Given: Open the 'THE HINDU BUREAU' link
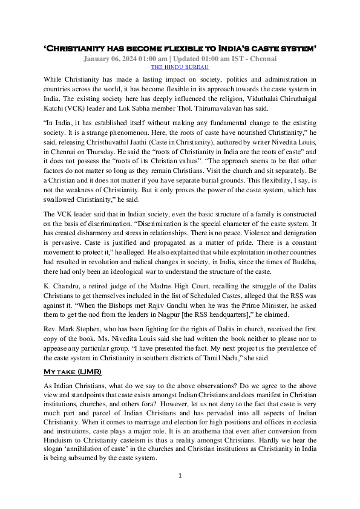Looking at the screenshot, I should point(180,68).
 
